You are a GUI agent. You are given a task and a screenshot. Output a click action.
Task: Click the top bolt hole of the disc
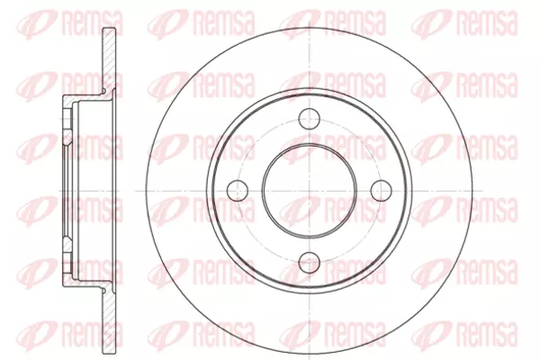click(x=310, y=118)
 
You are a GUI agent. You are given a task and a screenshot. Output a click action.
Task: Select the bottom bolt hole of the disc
click(x=310, y=263)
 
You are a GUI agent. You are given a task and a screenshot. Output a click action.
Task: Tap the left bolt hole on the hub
click(x=238, y=191)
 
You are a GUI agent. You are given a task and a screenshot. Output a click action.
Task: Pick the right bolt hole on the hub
click(x=382, y=191)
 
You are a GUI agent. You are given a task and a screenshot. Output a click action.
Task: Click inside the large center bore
click(x=310, y=191)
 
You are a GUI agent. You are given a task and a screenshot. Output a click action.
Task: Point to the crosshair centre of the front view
click(x=310, y=191)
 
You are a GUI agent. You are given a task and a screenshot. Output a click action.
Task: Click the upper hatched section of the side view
click(x=110, y=58)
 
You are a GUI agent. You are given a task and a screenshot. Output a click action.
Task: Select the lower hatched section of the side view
click(x=110, y=322)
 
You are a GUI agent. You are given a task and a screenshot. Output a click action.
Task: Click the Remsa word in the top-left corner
click(x=93, y=23)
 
